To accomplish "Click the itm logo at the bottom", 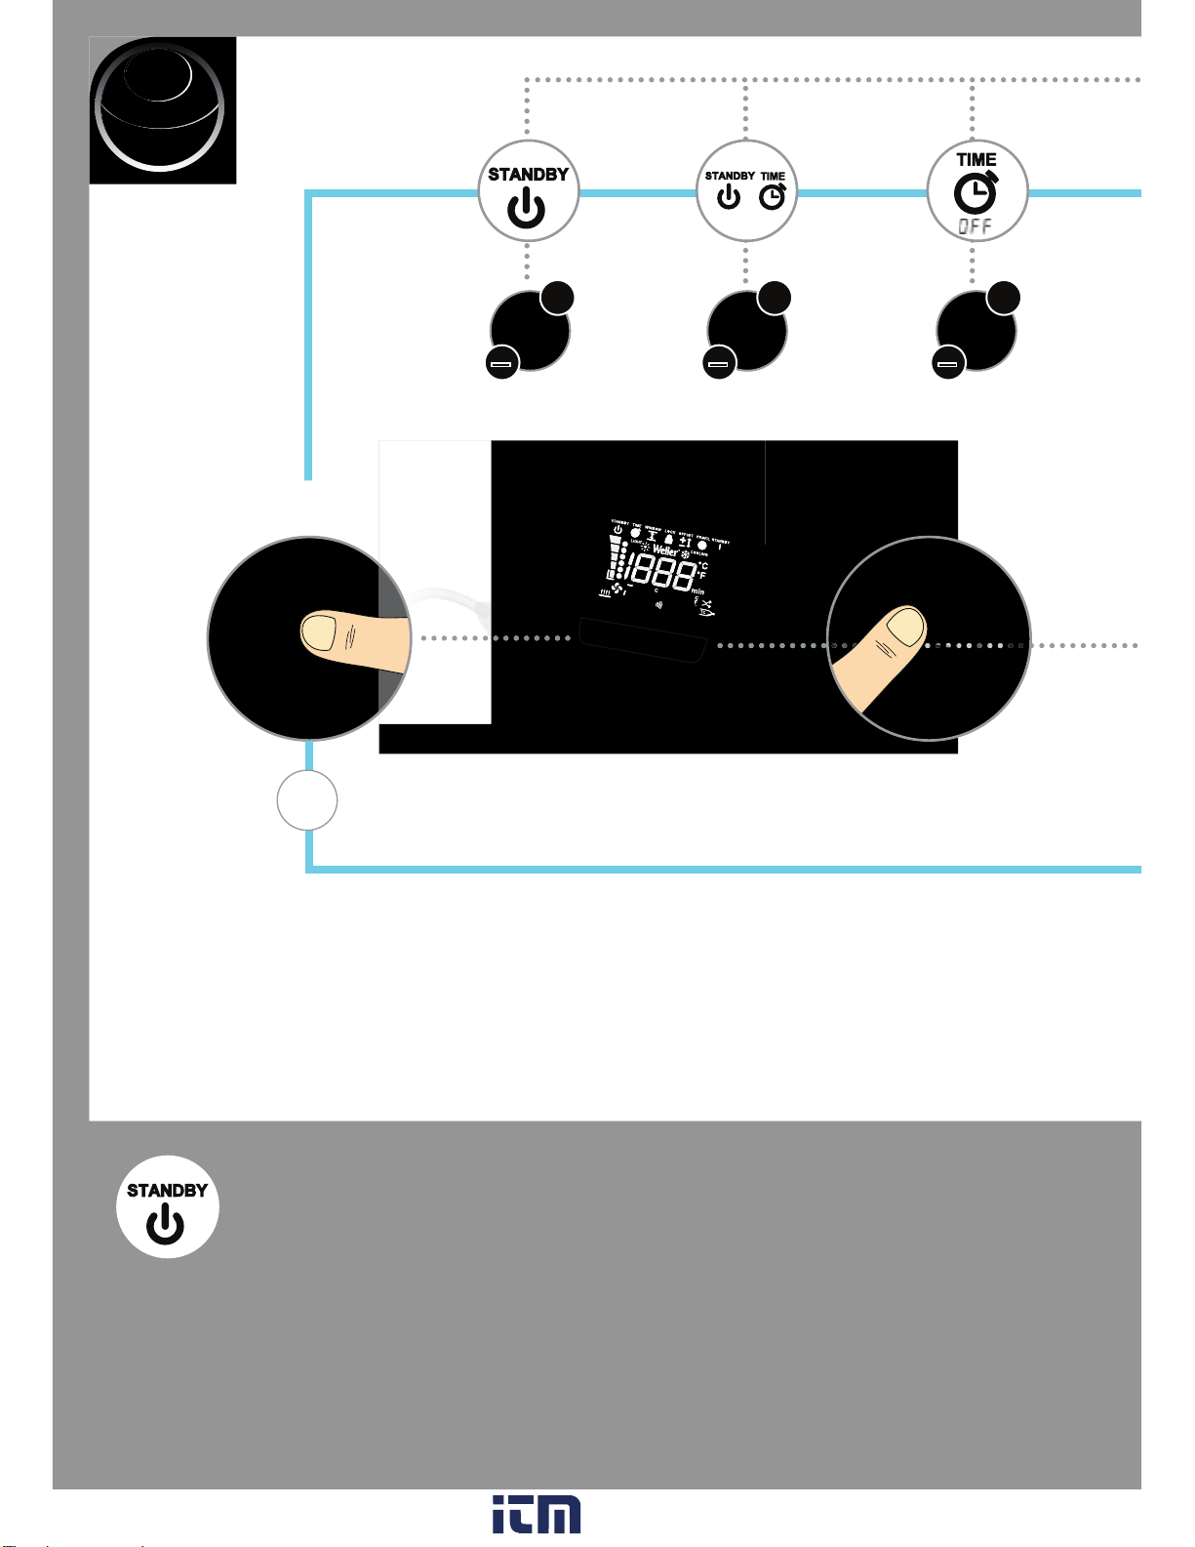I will (537, 1514).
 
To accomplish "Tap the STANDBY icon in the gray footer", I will (167, 1207).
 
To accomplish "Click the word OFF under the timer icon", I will (975, 226).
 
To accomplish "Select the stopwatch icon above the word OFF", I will (976, 193).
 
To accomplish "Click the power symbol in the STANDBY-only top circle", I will (527, 209).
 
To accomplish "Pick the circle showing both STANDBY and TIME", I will (746, 192).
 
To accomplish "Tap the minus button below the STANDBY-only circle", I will (501, 364).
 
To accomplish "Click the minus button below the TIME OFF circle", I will (949, 364).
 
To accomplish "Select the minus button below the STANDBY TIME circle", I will (719, 364).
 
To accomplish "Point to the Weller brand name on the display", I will (665, 551).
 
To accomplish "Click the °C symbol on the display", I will (702, 565).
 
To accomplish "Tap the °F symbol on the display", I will (701, 576).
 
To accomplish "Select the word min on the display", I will (697, 590).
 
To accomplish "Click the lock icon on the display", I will (668, 539).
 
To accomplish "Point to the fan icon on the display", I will (617, 588).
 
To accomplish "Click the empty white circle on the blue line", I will (307, 800).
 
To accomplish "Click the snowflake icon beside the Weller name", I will (685, 554).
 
